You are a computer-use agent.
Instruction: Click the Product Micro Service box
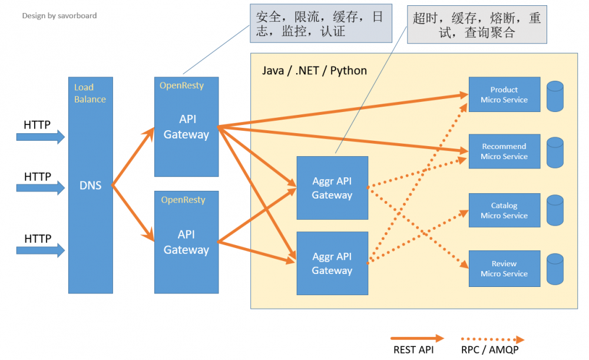pyautogui.click(x=504, y=94)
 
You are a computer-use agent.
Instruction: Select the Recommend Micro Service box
pyautogui.click(x=504, y=151)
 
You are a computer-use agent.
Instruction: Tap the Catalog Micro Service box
pyautogui.click(x=504, y=210)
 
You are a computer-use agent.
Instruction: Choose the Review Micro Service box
pyautogui.click(x=504, y=269)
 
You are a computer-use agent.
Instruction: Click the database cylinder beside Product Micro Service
pyautogui.click(x=555, y=97)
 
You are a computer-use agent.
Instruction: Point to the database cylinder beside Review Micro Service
pyautogui.click(x=555, y=269)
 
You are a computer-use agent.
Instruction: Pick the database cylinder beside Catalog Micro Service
pyautogui.click(x=555, y=210)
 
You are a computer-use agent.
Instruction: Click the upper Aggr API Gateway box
pyautogui.click(x=332, y=188)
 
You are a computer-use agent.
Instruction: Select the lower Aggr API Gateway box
pyautogui.click(x=332, y=263)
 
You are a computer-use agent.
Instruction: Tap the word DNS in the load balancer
pyautogui.click(x=90, y=186)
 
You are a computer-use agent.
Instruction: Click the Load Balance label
pyautogui.click(x=90, y=93)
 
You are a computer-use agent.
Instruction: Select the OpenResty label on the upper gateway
pyautogui.click(x=181, y=85)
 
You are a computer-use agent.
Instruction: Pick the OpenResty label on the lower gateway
pyautogui.click(x=183, y=200)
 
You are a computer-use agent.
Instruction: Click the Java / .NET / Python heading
pyautogui.click(x=314, y=71)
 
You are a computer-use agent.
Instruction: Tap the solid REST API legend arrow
pyautogui.click(x=418, y=339)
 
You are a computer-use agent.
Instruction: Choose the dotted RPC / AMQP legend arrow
pyautogui.click(x=492, y=339)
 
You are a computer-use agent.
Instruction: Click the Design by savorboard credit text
pyautogui.click(x=59, y=16)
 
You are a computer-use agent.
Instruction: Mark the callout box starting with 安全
pyautogui.click(x=320, y=24)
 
